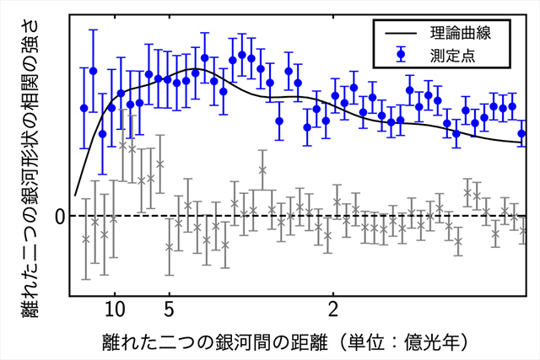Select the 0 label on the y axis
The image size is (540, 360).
pos(60,217)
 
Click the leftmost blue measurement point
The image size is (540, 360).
pos(84,108)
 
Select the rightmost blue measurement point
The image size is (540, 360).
pos(521,133)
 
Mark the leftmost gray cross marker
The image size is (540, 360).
pos(85,239)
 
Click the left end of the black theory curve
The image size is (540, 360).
pos(75,195)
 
